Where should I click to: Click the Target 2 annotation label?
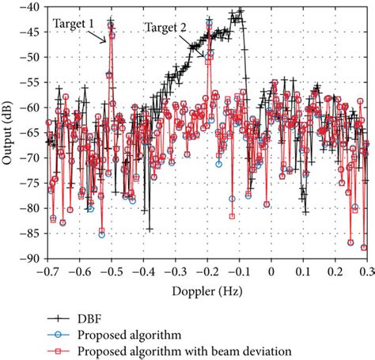tap(166, 28)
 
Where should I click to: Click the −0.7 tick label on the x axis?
tap(46, 271)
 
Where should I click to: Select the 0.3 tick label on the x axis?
tap(366, 271)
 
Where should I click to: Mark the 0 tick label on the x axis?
tap(271, 271)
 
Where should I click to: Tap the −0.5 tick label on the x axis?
tap(110, 271)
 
